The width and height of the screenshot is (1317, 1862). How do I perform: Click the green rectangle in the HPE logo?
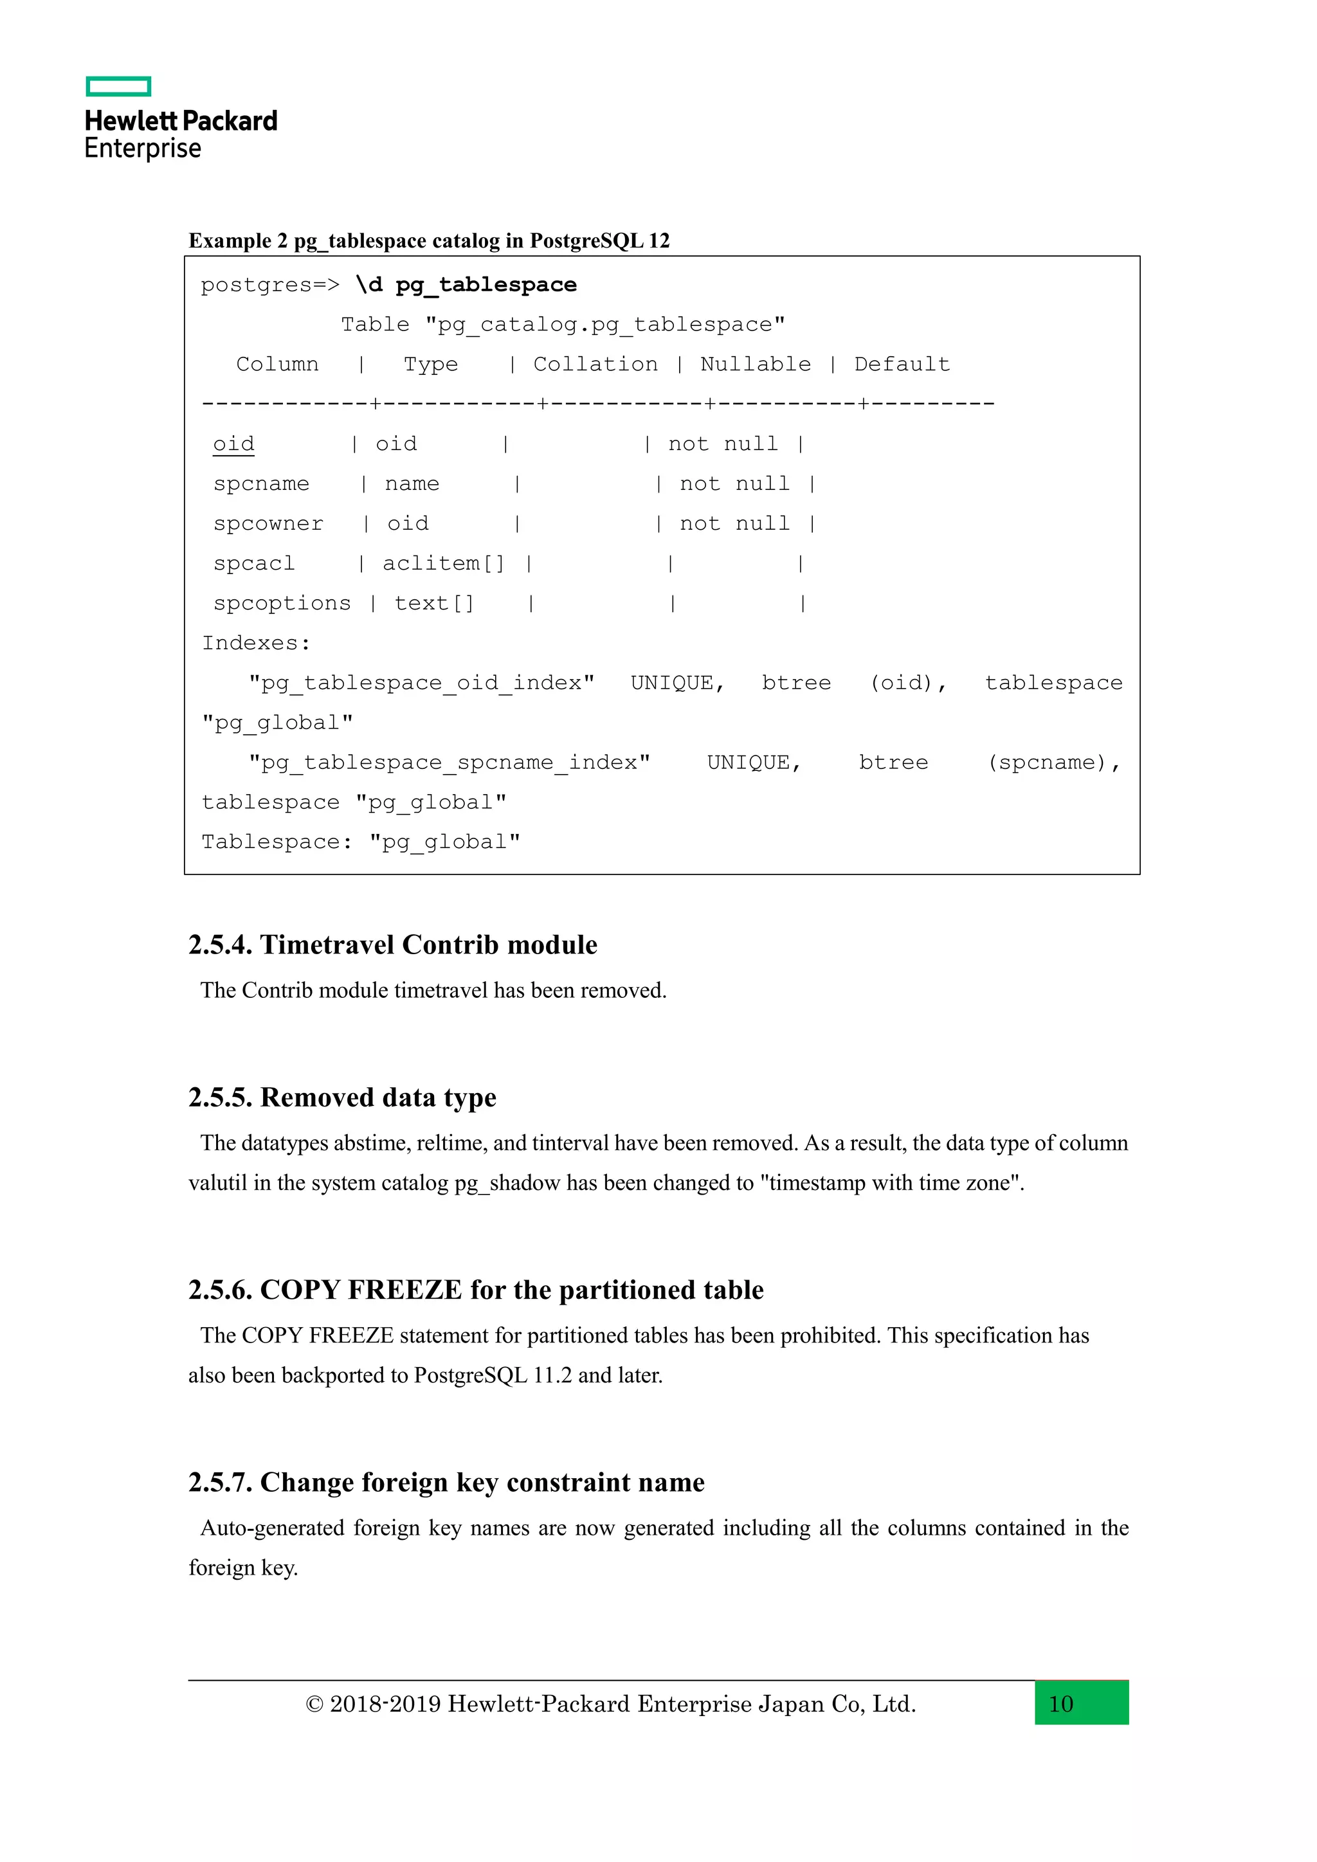(x=118, y=86)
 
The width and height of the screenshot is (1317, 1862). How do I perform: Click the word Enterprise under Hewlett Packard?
(x=143, y=149)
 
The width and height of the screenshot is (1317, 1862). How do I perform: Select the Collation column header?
(x=595, y=364)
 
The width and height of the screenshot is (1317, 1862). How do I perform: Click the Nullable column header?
(x=755, y=364)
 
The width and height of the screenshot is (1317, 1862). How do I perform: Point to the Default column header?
(x=902, y=364)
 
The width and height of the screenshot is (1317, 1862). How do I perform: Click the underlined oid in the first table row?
(x=233, y=444)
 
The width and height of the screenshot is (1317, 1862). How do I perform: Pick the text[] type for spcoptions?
(x=434, y=602)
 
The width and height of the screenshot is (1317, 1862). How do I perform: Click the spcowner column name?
(x=268, y=523)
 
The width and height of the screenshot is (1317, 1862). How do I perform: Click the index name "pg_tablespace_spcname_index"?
(x=450, y=763)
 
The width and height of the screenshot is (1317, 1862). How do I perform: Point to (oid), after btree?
(x=908, y=683)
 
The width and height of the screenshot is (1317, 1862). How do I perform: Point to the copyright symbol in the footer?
(x=314, y=1704)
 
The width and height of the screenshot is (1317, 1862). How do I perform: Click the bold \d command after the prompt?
(x=369, y=285)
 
